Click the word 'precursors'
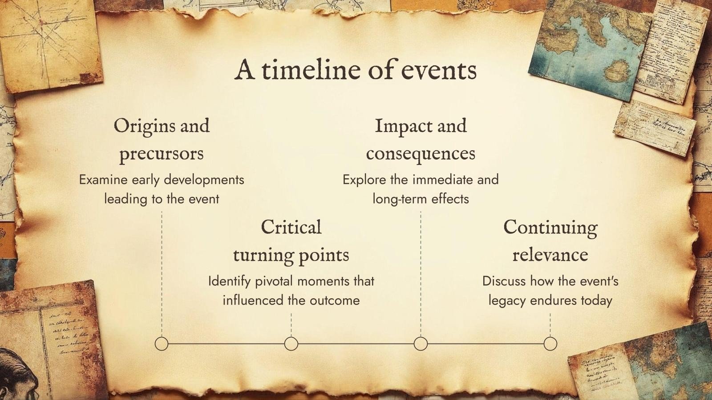click(162, 154)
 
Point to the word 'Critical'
click(291, 228)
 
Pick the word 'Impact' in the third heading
click(403, 126)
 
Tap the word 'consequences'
click(421, 154)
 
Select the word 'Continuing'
click(550, 228)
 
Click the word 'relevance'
click(550, 255)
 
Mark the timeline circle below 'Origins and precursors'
click(162, 344)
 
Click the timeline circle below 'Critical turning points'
click(291, 344)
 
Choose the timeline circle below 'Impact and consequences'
click(421, 344)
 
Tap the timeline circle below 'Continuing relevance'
click(550, 344)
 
